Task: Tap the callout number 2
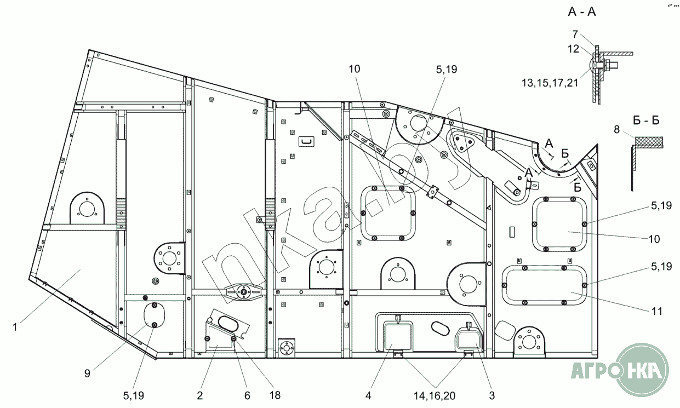click(200, 395)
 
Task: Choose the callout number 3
click(492, 395)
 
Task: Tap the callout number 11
click(657, 312)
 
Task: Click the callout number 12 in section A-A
click(573, 48)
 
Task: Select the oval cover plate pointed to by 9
click(154, 316)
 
